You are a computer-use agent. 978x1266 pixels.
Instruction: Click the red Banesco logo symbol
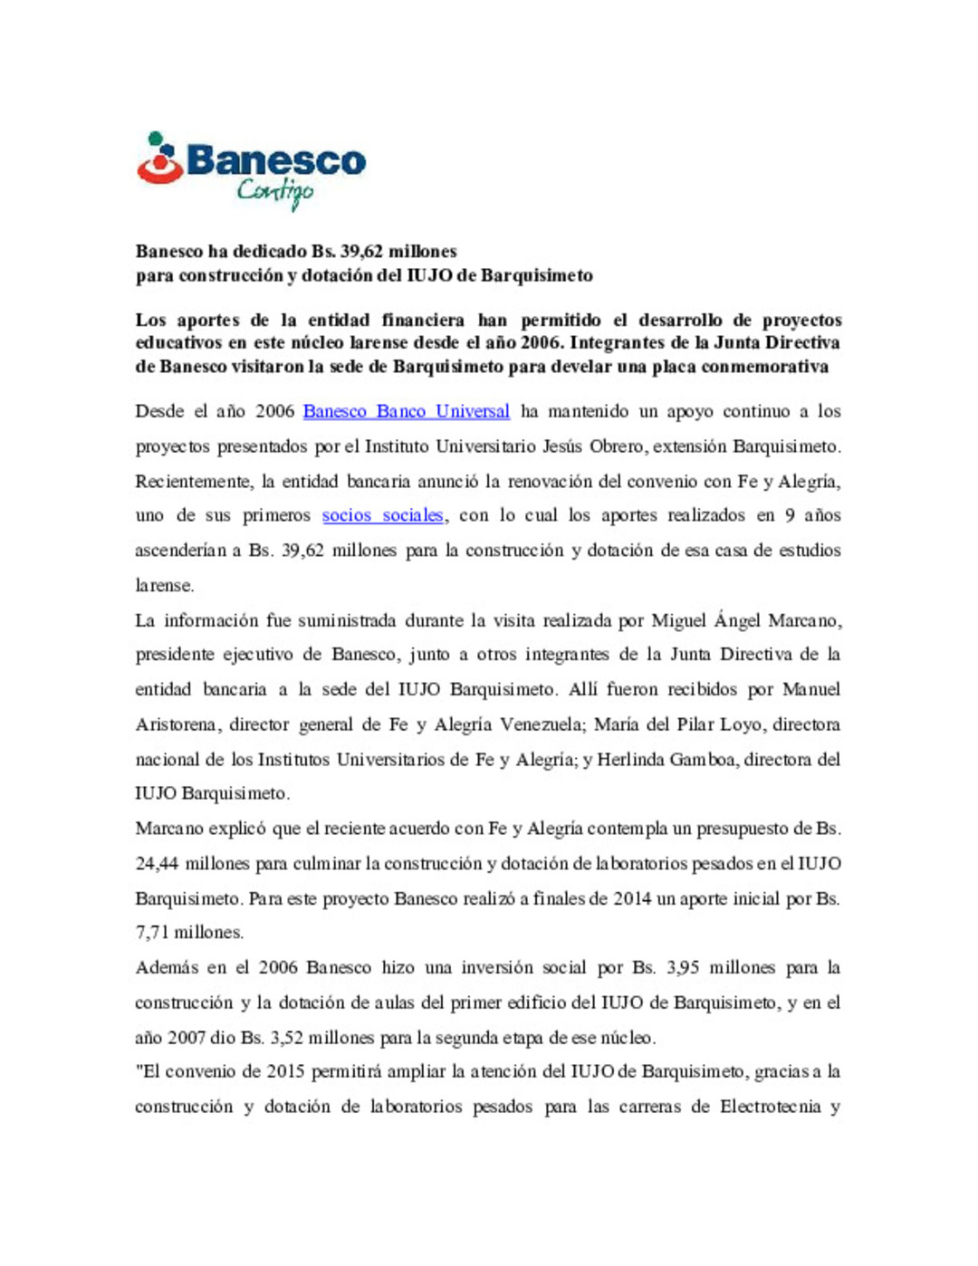159,159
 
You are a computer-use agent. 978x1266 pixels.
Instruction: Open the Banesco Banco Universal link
406,411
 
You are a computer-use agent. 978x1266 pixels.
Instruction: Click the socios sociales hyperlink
382,515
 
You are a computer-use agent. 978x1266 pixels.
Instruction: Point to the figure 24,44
156,864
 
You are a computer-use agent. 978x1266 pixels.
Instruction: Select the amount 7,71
152,933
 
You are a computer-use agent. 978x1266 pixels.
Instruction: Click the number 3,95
683,967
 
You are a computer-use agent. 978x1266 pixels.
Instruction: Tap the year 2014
632,898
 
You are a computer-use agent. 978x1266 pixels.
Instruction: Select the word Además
167,967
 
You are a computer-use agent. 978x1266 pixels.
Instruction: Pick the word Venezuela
547,724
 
